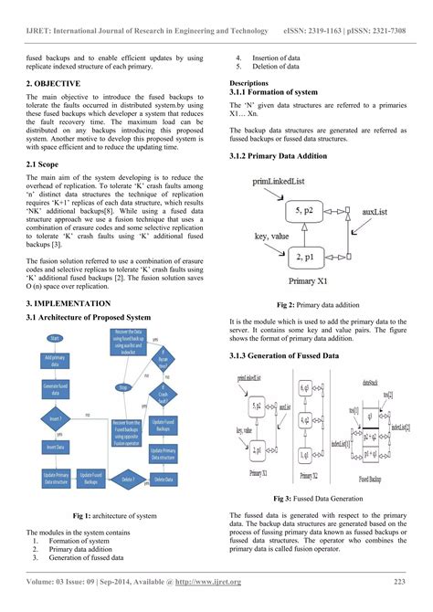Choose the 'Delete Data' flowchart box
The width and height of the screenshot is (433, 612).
point(164,479)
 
